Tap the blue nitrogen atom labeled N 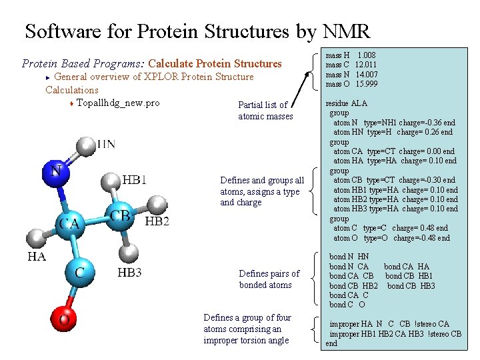point(56,171)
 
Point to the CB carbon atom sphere point(120,216)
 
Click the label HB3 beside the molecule point(129,272)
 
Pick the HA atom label point(37,256)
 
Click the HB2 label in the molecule point(157,221)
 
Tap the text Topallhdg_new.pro point(118,103)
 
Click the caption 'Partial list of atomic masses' point(265,111)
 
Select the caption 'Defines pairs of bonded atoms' point(269,279)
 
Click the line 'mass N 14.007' point(351,75)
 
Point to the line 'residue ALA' point(346,103)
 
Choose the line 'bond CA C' point(349,295)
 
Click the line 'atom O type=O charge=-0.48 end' point(391,238)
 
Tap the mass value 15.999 point(366,84)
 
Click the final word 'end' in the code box point(331,343)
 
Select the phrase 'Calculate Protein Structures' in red point(215,64)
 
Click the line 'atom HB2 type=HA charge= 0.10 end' point(395,199)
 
